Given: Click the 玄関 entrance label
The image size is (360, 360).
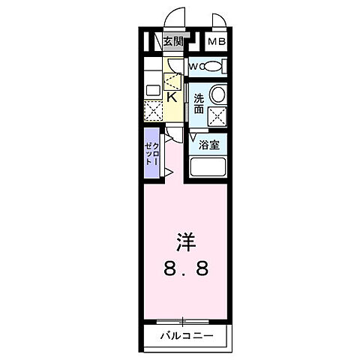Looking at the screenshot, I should click(x=172, y=42).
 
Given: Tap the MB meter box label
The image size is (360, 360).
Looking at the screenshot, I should click(x=216, y=43).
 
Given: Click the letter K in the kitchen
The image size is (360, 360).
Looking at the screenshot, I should click(x=171, y=96).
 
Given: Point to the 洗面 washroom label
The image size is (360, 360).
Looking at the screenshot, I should click(x=199, y=103).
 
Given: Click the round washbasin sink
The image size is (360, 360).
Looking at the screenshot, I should click(x=218, y=94).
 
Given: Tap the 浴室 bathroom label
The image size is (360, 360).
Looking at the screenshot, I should click(x=209, y=144).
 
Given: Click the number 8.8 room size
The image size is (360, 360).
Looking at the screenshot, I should click(x=184, y=268).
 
